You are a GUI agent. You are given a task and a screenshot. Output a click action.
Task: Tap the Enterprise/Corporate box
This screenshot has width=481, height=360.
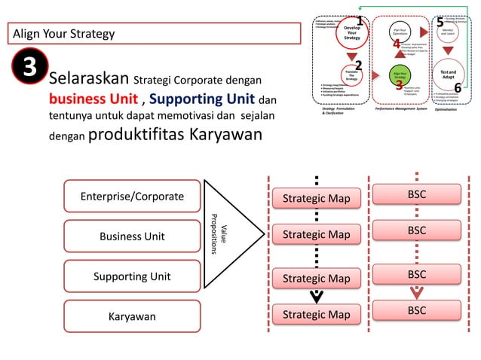tap(132, 197)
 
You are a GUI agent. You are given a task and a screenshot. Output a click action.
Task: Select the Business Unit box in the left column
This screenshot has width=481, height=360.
tap(132, 236)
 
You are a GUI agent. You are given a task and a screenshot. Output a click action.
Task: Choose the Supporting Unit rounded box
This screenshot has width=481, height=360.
tap(132, 276)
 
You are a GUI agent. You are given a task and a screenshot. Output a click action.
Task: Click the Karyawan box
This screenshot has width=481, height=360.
tap(132, 316)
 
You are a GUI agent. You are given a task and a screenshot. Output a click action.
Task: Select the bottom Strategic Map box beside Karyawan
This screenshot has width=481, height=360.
tap(317, 314)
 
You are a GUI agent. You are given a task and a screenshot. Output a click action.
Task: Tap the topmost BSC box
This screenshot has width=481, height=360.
tap(417, 194)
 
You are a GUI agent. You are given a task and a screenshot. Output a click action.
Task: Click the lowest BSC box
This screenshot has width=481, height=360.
tap(417, 310)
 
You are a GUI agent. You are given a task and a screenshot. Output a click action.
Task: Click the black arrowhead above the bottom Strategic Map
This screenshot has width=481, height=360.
tap(317, 295)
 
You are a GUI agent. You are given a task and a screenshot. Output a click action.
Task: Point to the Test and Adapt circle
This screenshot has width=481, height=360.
tap(448, 75)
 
